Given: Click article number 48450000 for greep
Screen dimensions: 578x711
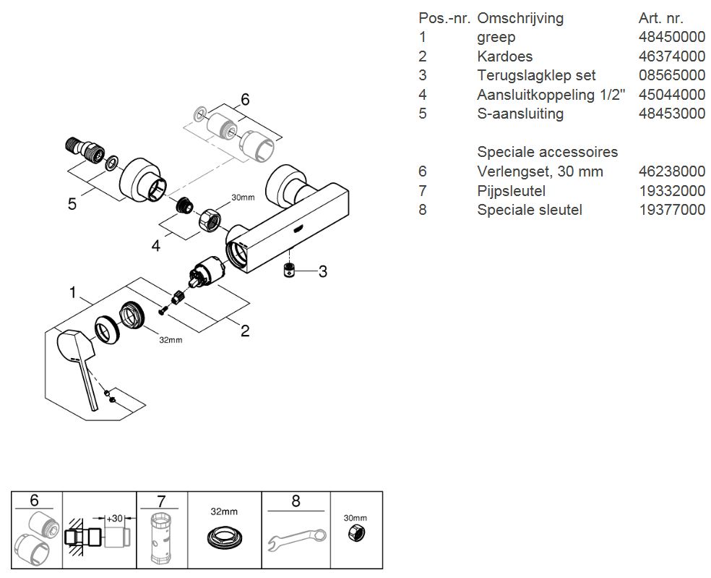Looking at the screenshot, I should (672, 38).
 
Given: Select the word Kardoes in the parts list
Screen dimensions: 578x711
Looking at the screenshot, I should (504, 56).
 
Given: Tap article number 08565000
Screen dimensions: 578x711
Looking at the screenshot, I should (672, 75).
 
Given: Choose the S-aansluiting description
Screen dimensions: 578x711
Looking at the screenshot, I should (520, 114).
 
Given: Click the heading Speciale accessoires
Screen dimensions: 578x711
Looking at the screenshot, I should (547, 152).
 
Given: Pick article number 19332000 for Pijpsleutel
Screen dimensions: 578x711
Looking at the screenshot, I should (672, 191).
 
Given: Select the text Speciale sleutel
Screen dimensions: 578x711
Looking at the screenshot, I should (529, 210).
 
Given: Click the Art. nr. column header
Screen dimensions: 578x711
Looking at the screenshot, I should (661, 18).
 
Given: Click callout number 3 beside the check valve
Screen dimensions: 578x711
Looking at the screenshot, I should (323, 271).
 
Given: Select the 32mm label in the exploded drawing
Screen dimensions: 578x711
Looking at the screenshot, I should (171, 339).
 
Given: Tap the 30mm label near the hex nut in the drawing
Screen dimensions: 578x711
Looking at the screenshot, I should (243, 197).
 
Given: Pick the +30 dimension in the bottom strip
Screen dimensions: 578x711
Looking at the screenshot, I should (114, 519).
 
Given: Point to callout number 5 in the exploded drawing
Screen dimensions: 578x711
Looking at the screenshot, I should (72, 204).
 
